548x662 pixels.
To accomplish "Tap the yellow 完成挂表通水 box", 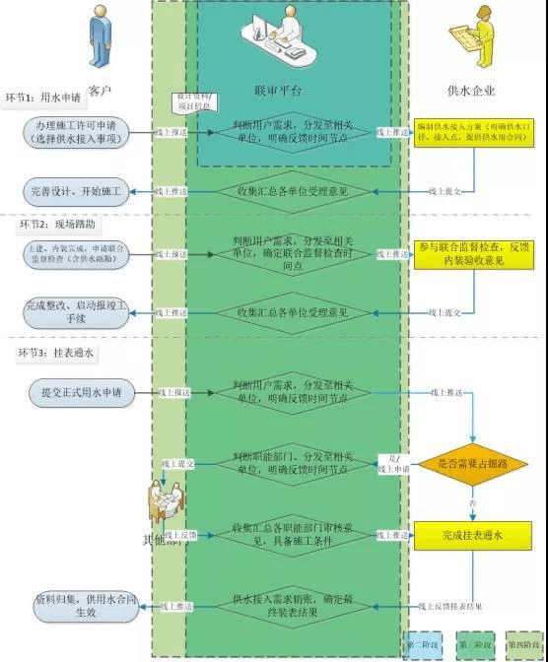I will pyautogui.click(x=473, y=536).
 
